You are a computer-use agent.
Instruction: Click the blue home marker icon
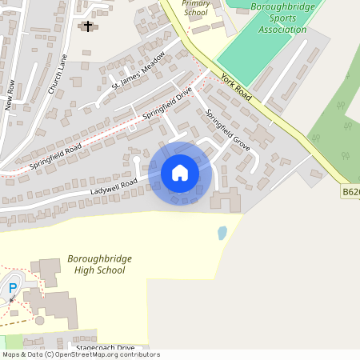180,173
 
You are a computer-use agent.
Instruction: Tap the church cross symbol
87,26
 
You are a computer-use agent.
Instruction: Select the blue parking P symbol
12,288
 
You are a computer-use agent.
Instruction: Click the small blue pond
222,234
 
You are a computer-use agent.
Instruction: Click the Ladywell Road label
114,186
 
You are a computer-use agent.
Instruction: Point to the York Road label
236,89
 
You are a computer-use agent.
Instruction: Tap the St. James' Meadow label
138,70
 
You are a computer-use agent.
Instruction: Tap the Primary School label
195,8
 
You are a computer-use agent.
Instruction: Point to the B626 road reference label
350,192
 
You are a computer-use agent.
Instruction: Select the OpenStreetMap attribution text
80,354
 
